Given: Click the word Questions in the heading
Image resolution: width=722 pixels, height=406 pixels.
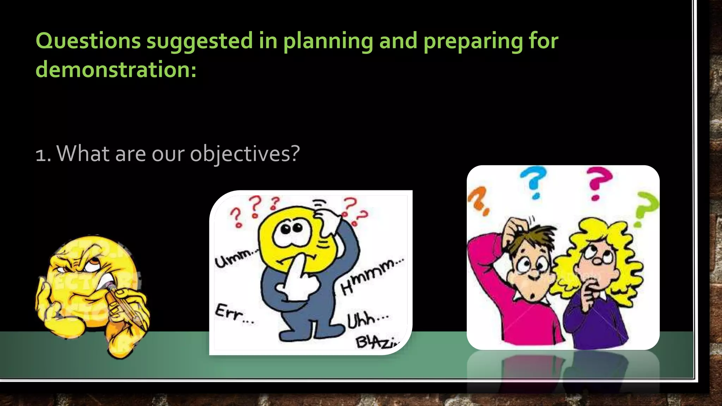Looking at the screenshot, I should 88,41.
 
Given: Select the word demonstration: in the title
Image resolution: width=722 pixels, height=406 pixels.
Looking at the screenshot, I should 116,69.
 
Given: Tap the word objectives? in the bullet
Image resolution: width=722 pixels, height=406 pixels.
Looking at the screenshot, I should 245,154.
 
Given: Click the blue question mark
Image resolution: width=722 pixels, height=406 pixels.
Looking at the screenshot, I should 534,182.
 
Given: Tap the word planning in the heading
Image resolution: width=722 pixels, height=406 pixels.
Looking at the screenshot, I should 328,41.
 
